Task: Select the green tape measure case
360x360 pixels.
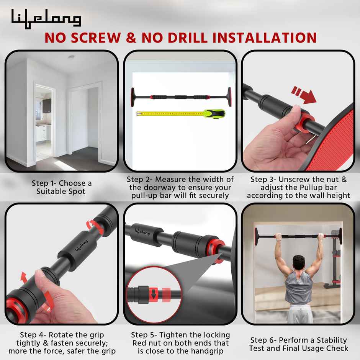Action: (x=214, y=113)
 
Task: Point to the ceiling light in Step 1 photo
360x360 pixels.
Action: (x=71, y=57)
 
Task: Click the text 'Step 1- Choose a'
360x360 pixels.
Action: (x=62, y=183)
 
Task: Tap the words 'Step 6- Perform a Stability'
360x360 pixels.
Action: (x=298, y=340)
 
